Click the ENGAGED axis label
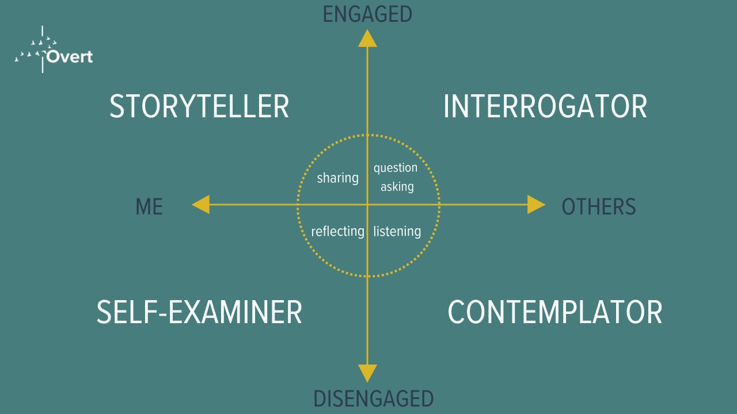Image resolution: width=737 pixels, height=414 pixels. pos(367,14)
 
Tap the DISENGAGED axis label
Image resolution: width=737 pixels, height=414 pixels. pos(373,398)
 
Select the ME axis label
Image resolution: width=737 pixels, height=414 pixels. pos(149,206)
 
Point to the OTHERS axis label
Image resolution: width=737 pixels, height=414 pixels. pos(598,206)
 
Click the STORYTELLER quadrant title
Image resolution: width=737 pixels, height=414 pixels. pos(199,107)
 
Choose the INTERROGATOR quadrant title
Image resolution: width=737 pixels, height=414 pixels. pos(545,107)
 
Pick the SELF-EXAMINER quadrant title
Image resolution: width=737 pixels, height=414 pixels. pos(199,312)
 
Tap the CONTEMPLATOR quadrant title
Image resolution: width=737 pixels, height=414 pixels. pos(554,312)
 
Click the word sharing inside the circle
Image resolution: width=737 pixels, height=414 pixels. pos(337,178)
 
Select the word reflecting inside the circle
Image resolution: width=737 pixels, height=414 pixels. pos(337,231)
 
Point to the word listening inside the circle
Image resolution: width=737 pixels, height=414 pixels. pos(397,231)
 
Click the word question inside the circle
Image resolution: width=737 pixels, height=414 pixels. pos(396,168)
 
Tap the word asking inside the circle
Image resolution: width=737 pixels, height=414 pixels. pos(397,186)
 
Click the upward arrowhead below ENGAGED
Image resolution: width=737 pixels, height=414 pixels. pos(367,38)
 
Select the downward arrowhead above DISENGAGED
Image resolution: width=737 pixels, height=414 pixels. pos(367,373)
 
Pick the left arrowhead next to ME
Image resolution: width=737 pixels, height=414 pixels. pos(201,205)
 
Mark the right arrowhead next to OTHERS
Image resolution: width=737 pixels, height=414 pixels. pos(535,205)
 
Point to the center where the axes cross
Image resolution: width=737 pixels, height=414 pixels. pos(367,205)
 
